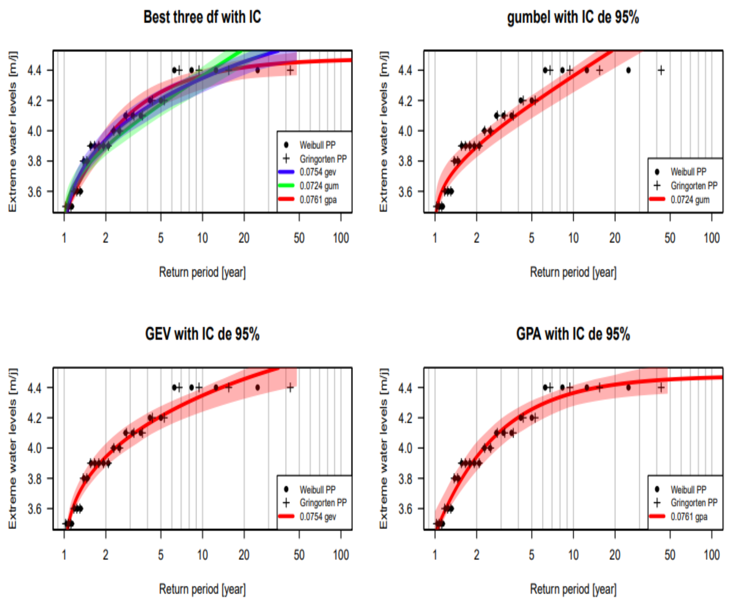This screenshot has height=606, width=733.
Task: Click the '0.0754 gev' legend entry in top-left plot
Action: point(317,172)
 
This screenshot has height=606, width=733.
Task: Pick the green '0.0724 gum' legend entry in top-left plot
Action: point(318,186)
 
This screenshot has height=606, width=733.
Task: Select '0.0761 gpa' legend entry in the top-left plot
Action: point(318,200)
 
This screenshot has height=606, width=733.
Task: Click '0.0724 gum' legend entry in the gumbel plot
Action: point(689,200)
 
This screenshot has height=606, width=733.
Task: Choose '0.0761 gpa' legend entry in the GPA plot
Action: point(688,517)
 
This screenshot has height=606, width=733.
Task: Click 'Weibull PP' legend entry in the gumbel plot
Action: point(688,172)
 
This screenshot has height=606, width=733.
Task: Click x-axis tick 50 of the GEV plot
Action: point(299,555)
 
